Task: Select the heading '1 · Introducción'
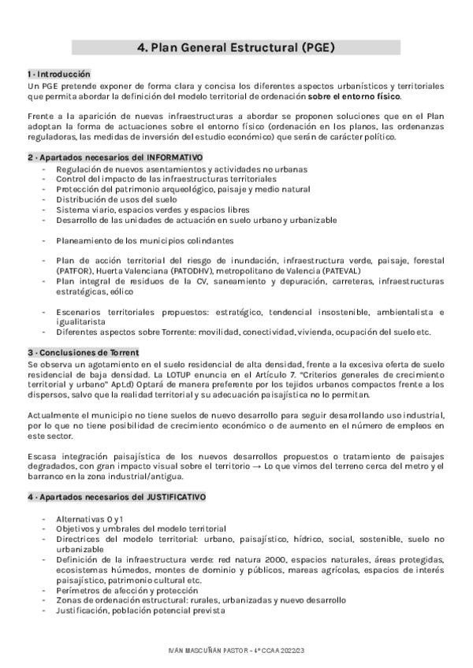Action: coord(54,73)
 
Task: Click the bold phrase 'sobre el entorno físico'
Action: coord(354,96)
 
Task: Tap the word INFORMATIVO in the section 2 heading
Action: coord(174,158)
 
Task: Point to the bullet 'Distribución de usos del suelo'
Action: coord(117,200)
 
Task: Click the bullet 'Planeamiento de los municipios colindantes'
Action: coord(144,240)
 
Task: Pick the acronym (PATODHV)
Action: coord(188,269)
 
